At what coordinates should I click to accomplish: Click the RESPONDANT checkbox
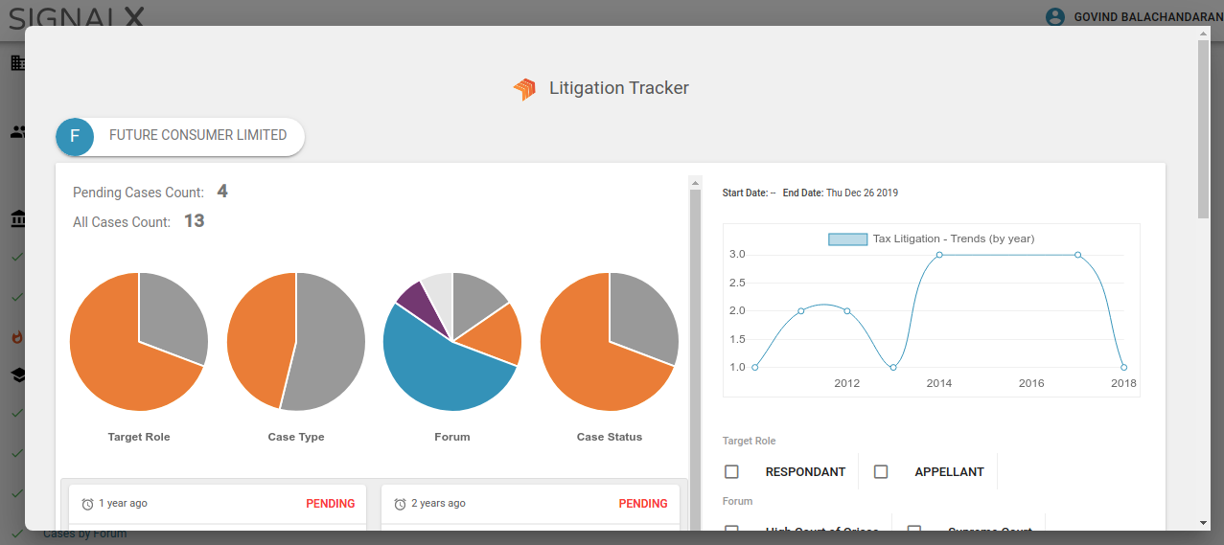731,471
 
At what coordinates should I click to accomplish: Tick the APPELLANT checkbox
881,471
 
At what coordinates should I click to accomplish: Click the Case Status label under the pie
610,437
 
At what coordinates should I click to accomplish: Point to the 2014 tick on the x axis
939,383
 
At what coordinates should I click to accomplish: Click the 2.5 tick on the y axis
737,283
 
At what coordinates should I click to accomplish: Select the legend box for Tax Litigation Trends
847,238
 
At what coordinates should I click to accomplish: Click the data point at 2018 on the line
1123,367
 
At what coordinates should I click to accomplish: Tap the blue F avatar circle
75,137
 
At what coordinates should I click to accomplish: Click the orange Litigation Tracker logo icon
524,89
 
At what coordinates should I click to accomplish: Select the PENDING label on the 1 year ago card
331,504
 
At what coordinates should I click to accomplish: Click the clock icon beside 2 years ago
400,504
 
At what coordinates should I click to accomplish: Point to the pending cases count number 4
222,192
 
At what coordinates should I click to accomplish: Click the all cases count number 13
195,221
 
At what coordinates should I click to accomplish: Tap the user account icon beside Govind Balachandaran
1055,16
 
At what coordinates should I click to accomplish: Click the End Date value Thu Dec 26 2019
862,193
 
